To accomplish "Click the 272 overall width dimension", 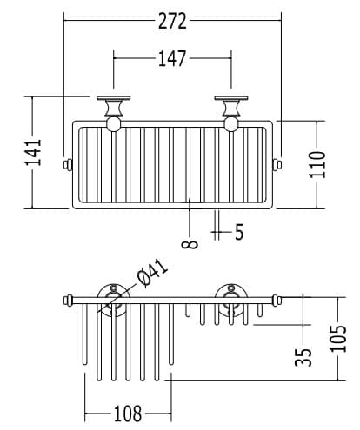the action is [172, 21].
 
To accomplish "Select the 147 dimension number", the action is [172, 58].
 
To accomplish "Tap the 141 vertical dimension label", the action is [33, 153].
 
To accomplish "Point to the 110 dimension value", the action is [317, 164].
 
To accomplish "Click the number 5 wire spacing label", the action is [239, 232].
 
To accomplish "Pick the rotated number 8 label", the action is [190, 244].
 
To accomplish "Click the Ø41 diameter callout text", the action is [152, 273].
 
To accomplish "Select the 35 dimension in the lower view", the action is [303, 357].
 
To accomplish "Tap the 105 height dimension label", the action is [338, 339].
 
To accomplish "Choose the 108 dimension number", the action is [128, 413].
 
